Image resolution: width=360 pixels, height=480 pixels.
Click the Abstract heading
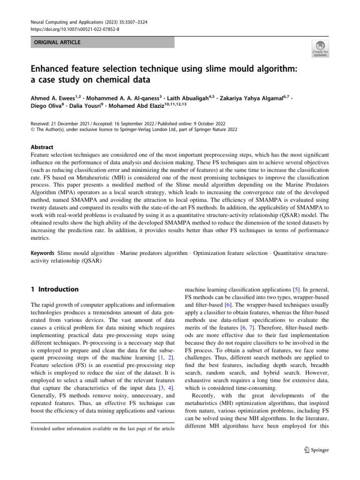pyautogui.click(x=42, y=147)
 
